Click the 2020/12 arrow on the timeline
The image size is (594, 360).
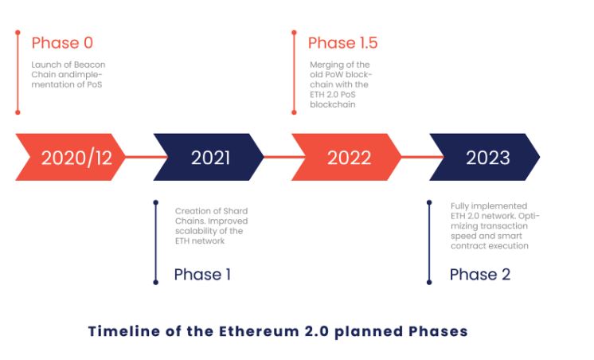(70, 157)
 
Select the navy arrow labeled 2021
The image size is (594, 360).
(209, 157)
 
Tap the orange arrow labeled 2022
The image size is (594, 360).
(346, 157)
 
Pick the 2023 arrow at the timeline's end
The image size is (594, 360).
(485, 157)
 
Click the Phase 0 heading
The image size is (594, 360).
(63, 43)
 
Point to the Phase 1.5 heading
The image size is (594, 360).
(343, 43)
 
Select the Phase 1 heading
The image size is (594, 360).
(202, 274)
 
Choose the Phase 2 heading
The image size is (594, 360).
(480, 274)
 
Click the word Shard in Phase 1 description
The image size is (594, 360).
(236, 211)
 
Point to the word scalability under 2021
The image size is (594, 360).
(195, 231)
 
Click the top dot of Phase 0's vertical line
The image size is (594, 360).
(18, 33)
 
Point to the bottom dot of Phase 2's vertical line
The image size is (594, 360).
(429, 282)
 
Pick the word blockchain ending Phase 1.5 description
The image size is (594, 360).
(333, 104)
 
